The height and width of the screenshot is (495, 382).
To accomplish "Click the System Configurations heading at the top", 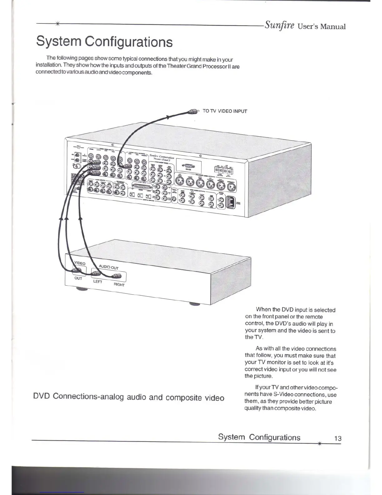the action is [104, 42].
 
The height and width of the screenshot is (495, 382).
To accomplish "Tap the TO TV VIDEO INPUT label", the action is [225, 111].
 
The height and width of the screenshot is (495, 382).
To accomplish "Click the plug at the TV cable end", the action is [193, 111].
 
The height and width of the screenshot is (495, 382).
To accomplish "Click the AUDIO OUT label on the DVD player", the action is [109, 267].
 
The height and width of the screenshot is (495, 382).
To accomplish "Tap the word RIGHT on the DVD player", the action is [119, 284].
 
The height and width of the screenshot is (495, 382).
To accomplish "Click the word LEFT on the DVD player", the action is [98, 282].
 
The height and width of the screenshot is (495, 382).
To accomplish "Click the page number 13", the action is [338, 438].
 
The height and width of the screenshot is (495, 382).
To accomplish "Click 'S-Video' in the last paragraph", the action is [284, 395].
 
